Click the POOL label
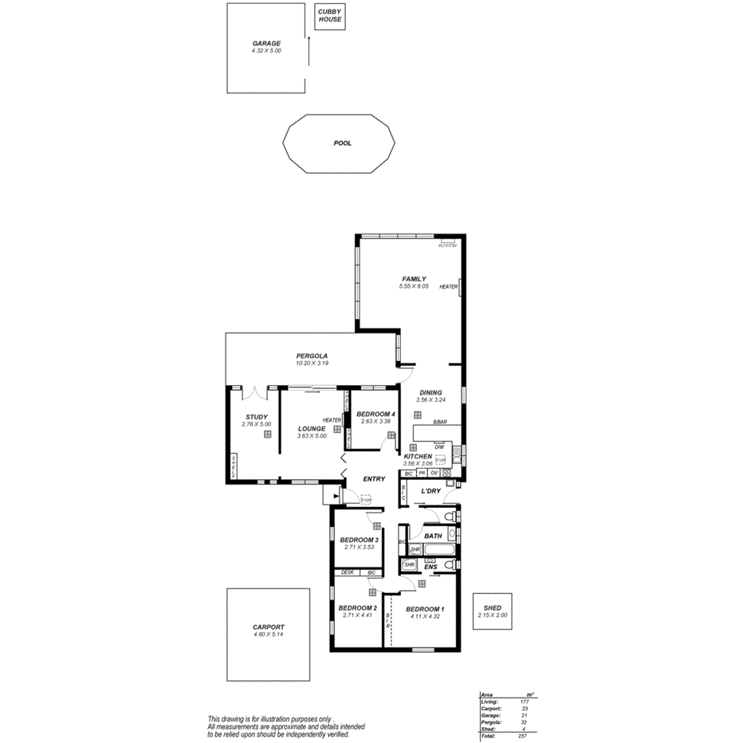click(343, 143)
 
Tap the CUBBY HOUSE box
click(329, 16)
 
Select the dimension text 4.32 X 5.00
click(266, 51)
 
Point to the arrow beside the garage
click(309, 56)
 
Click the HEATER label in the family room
click(448, 287)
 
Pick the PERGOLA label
click(312, 356)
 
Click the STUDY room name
click(257, 417)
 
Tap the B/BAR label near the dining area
click(440, 421)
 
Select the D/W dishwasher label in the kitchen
click(439, 447)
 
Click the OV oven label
click(434, 474)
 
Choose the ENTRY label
click(374, 479)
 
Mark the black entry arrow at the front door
click(328, 496)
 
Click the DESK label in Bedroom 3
click(348, 572)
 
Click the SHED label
click(492, 608)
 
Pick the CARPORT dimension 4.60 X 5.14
click(268, 634)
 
